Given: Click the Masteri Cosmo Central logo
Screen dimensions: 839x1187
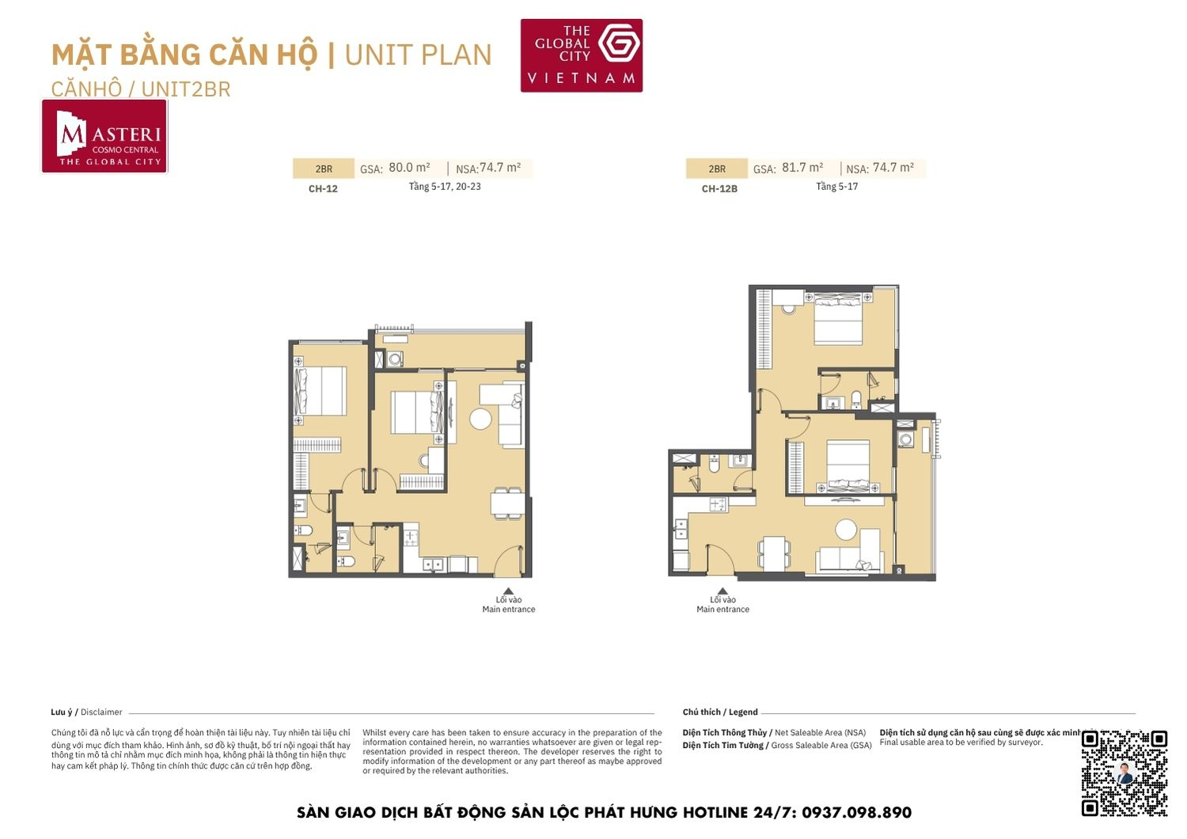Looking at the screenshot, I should coord(104,136).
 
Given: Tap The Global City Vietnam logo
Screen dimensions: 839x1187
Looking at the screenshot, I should coord(581,55).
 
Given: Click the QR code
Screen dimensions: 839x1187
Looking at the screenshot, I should coord(1124,773).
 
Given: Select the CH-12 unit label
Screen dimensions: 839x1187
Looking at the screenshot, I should coord(323,189).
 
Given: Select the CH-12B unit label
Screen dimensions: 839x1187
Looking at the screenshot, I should coord(719,189).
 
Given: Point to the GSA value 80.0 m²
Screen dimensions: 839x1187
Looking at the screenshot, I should coord(409,168).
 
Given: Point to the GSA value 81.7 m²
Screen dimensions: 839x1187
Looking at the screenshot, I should coord(802,168).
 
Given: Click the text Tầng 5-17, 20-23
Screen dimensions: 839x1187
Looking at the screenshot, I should coord(445,187).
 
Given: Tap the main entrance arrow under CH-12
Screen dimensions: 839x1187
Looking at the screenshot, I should coord(509,591).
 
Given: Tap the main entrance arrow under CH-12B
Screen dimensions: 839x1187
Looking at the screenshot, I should coord(722,591).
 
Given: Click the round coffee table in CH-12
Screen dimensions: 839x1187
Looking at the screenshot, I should coord(480,419).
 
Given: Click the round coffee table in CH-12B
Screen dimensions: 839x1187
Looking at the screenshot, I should coord(847,530).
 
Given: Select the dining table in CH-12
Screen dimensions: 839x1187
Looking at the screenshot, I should coord(507,503).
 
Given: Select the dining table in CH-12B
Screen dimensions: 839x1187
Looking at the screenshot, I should coord(773,552).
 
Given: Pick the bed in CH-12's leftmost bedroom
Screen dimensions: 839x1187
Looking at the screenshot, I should coord(321,391).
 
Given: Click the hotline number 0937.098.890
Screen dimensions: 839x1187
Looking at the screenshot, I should coord(856,813).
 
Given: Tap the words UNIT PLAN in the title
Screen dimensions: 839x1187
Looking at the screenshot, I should coord(418,55).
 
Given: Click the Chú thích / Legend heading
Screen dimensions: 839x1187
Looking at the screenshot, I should coord(719,712).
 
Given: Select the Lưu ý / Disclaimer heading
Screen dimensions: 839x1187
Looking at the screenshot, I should coord(86,712).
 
